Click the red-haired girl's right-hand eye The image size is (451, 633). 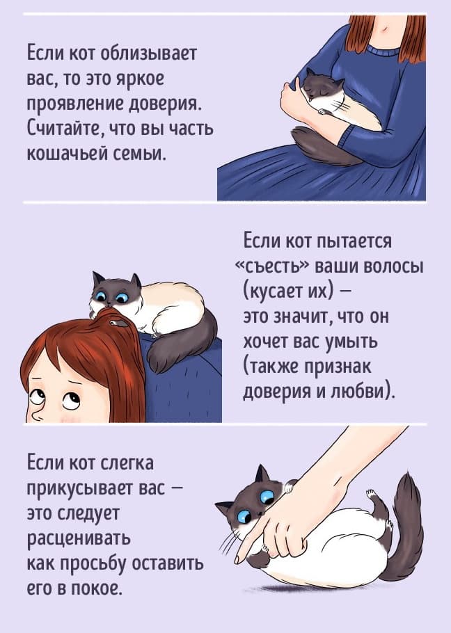click(71, 401)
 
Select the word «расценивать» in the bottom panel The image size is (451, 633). click(79, 538)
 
